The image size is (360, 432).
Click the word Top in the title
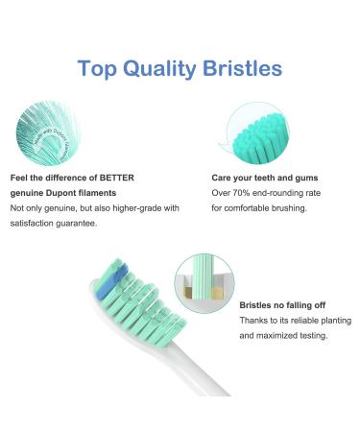100,68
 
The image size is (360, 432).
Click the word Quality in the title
167,68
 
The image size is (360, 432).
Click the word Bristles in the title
249,68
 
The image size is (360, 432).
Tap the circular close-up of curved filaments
48,132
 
